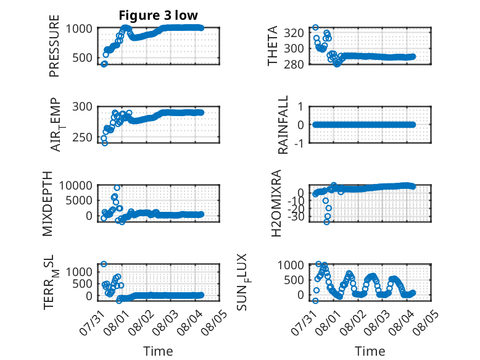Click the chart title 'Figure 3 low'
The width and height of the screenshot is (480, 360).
159,15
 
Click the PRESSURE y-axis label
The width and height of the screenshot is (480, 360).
54,46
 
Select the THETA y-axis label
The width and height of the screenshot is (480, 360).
272,46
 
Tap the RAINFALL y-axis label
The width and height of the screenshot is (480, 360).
283,124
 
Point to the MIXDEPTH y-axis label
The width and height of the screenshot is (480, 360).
48,204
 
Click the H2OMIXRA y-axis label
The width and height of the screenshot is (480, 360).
276,203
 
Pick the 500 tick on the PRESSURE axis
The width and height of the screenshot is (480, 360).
82,57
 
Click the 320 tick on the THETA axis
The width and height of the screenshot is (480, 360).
294,33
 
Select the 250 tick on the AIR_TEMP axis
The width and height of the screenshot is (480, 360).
82,138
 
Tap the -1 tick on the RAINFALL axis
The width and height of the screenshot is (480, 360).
299,143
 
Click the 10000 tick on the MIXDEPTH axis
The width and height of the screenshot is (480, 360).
76,185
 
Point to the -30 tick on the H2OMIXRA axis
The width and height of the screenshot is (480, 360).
296,217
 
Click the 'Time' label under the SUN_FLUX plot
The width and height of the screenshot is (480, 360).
370,351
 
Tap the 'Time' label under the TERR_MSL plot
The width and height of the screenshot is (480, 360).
159,351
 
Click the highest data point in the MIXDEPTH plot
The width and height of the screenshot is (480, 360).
117,188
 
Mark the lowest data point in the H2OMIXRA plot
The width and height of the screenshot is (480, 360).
326,222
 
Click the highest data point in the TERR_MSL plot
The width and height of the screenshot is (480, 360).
104,264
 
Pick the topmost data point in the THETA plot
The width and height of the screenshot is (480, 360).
315,27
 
